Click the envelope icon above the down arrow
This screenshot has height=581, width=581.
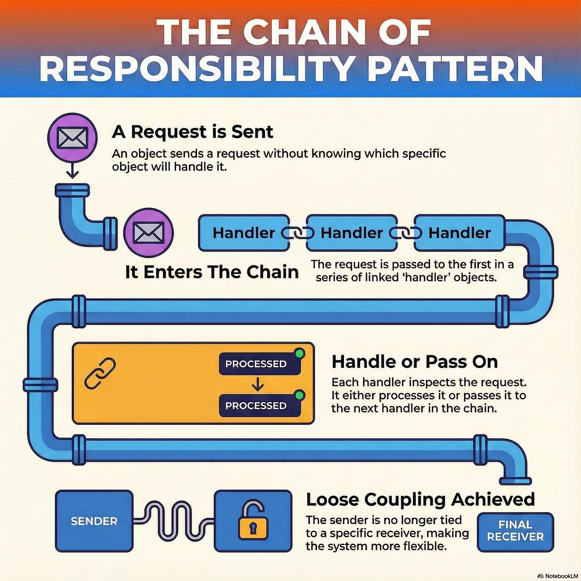pyautogui.click(x=72, y=138)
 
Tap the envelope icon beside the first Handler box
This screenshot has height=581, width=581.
pyautogui.click(x=149, y=232)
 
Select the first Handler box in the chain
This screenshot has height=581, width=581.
pyautogui.click(x=244, y=233)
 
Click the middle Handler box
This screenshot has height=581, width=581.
pyautogui.click(x=352, y=233)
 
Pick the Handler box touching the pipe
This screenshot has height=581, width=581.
pyautogui.click(x=459, y=233)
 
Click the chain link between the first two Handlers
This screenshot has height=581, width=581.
pyautogui.click(x=298, y=233)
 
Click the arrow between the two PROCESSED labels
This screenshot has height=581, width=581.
pyautogui.click(x=258, y=385)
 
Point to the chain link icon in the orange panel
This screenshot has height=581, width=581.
pyautogui.click(x=100, y=373)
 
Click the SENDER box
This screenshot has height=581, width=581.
pyautogui.click(x=94, y=521)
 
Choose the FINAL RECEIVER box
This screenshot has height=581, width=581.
pyautogui.click(x=515, y=531)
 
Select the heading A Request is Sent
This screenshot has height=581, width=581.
pyautogui.click(x=193, y=132)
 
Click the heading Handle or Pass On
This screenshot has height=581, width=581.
pyautogui.click(x=415, y=362)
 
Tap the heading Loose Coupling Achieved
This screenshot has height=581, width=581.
pyautogui.click(x=420, y=500)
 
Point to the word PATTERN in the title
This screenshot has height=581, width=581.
pyautogui.click(x=455, y=68)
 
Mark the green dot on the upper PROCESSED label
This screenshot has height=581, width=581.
pyautogui.click(x=299, y=354)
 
